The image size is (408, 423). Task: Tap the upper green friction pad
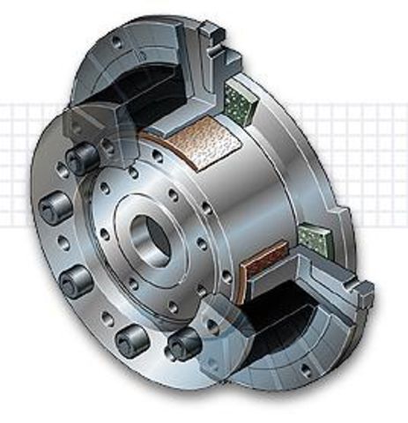pos(241,100)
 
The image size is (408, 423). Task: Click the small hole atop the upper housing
pos(116,42)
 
